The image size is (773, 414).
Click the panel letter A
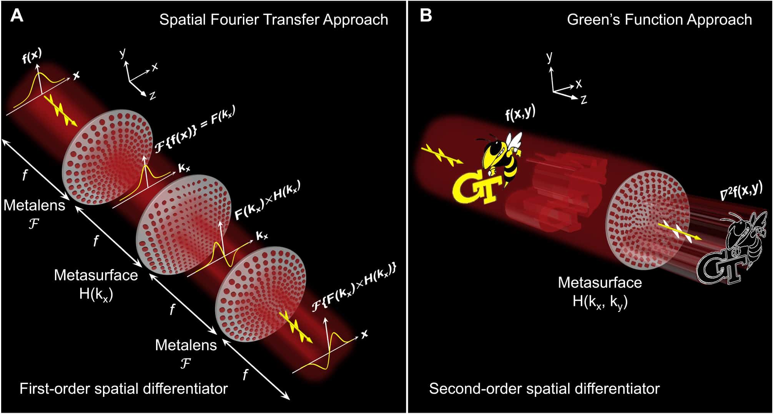point(17,16)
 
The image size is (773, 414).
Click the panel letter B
point(426,16)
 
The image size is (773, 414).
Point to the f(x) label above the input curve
point(32,56)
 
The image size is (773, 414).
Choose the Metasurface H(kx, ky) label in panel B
point(600,292)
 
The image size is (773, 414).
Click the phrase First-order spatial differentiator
point(123,389)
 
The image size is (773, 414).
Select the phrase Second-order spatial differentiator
point(544,389)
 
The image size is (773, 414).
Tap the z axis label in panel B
point(584,100)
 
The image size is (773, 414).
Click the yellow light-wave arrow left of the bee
point(442,155)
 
